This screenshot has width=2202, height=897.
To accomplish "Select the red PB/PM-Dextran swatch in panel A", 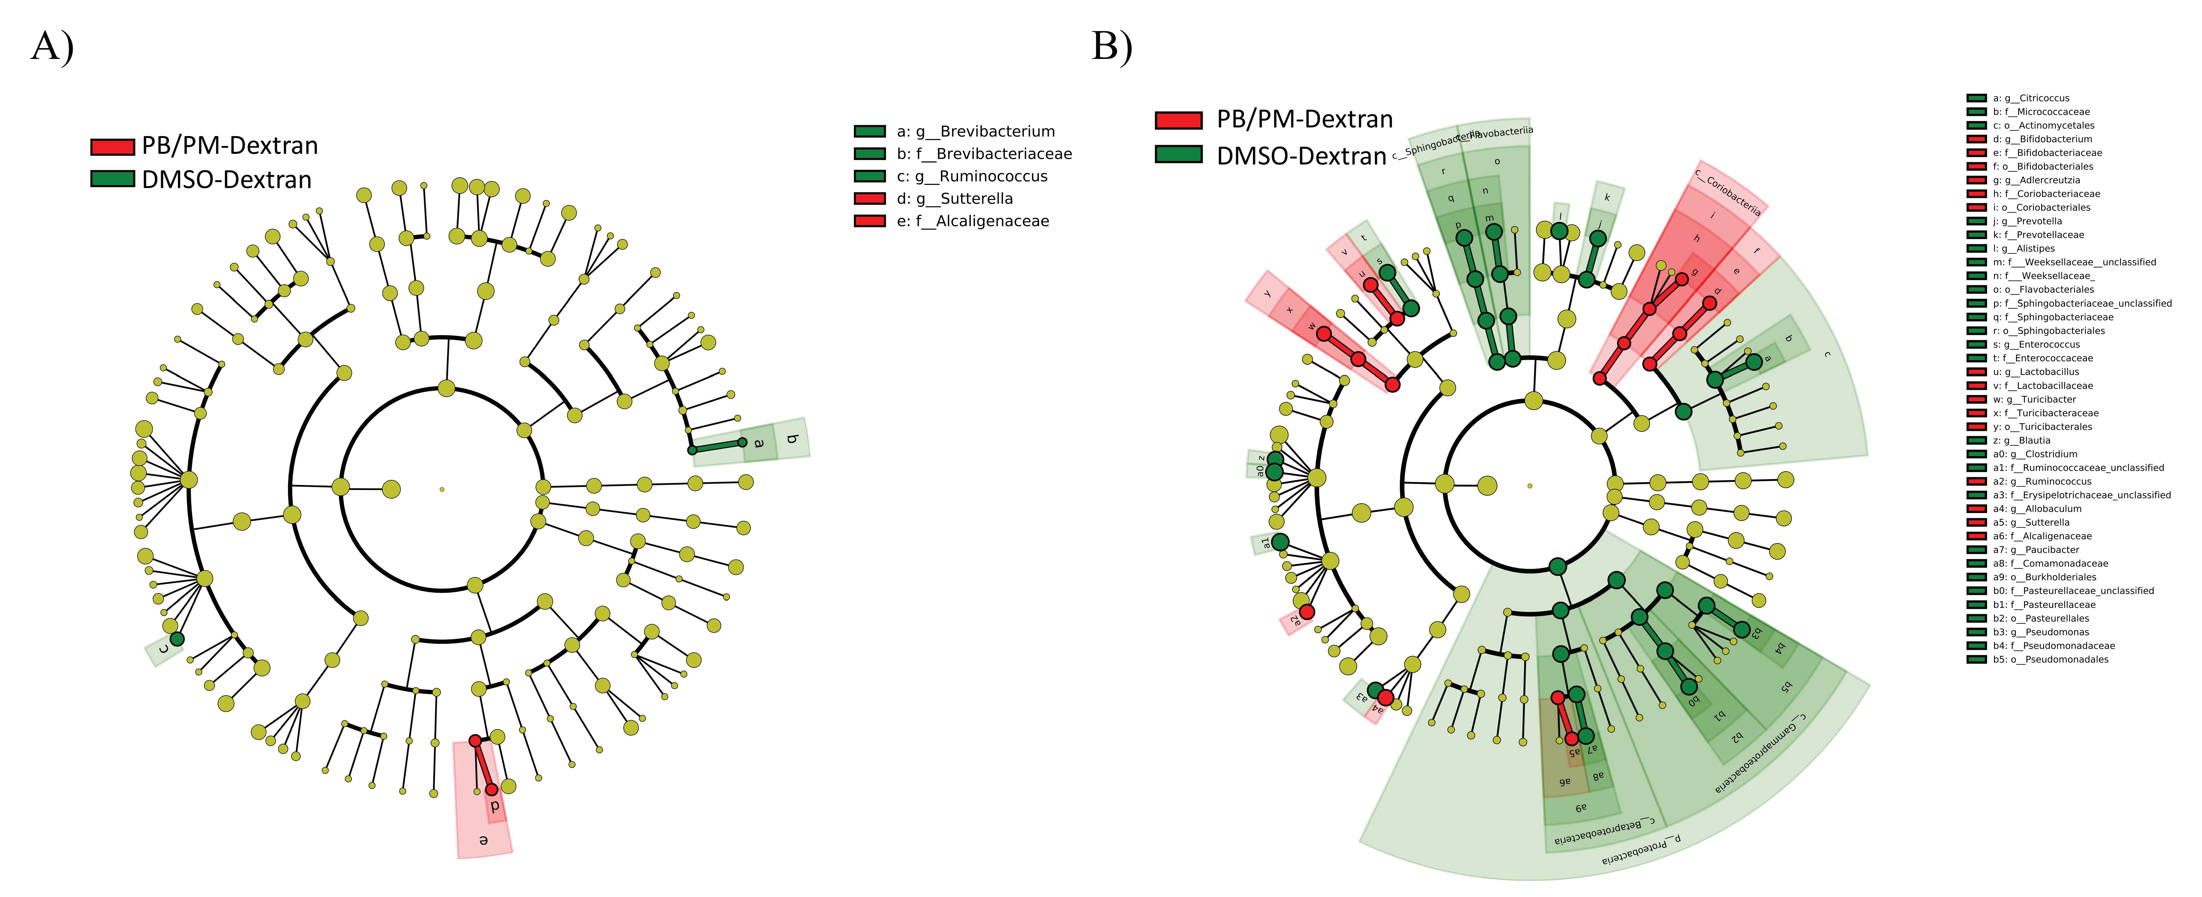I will (112, 146).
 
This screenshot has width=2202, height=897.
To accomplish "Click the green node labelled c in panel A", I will (177, 639).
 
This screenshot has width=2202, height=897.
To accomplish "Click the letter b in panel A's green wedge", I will (792, 439).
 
